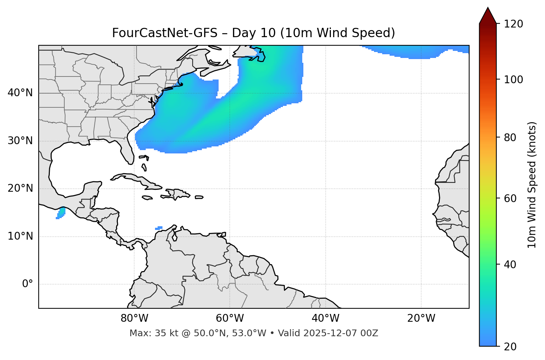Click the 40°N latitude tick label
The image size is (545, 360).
point(20,93)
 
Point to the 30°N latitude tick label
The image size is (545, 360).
point(20,141)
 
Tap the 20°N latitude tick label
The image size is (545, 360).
point(20,188)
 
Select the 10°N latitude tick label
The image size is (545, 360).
point(20,236)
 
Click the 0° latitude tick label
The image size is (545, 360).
point(28,284)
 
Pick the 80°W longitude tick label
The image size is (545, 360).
point(134,318)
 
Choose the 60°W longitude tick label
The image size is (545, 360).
point(230,318)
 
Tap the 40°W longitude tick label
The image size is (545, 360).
point(325,318)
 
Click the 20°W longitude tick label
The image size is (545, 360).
point(421,318)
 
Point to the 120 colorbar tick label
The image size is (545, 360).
point(513,24)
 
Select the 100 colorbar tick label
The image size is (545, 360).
point(513,80)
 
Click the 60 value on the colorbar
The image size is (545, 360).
point(510,198)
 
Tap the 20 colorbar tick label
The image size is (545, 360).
point(510,347)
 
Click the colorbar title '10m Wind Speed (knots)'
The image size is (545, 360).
point(532,185)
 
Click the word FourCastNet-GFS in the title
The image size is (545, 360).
point(164,33)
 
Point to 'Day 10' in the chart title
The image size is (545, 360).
point(254,33)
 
